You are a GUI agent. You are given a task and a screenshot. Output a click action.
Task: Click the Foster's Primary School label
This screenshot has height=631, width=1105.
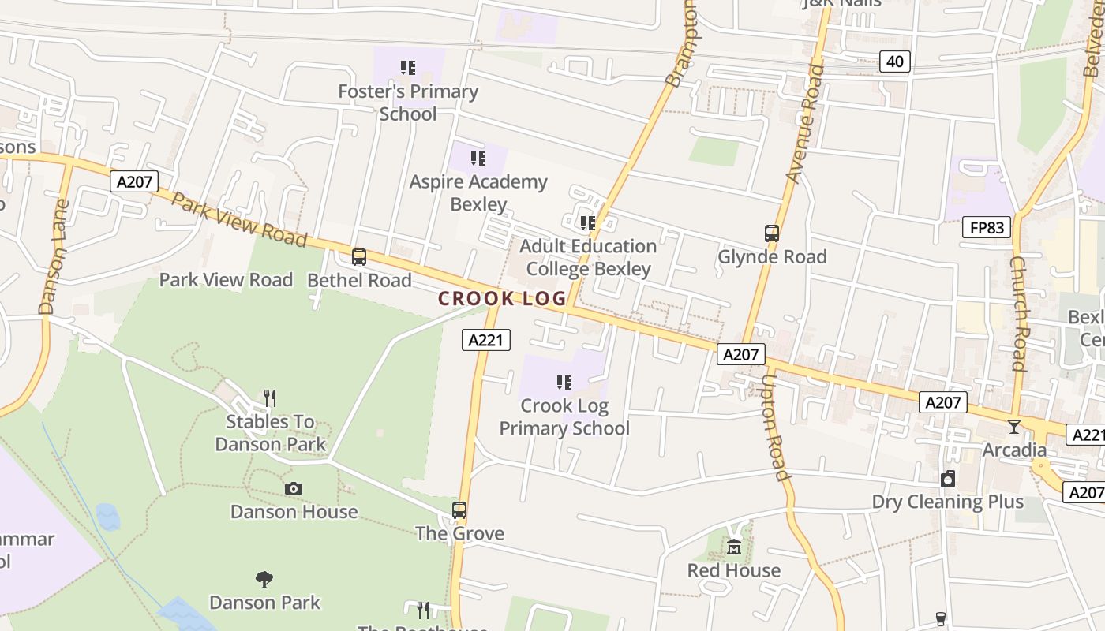[408, 103]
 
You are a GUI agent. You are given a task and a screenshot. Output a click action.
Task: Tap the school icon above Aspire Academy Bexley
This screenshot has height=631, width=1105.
[478, 159]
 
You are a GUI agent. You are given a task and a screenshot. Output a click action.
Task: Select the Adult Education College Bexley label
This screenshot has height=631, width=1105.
[588, 257]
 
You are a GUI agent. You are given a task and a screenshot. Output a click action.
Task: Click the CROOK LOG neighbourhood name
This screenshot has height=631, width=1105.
[502, 299]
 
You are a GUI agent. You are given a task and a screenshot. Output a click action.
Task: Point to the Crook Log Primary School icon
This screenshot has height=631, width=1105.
[564, 383]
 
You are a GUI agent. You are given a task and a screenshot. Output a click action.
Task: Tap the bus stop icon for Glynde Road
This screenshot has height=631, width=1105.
[772, 233]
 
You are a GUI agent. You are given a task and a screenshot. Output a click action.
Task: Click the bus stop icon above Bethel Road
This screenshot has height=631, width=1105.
[359, 256]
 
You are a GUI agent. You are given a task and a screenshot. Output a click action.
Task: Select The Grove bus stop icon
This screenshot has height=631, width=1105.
[459, 510]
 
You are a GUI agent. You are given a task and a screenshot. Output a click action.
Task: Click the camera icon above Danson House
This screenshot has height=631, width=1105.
[294, 489]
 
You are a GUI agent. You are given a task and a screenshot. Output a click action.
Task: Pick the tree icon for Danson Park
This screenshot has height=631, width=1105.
[264, 580]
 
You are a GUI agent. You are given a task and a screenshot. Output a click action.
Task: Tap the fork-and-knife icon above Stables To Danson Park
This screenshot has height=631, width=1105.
[270, 398]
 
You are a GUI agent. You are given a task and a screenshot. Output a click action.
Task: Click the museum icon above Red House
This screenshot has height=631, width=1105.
[734, 547]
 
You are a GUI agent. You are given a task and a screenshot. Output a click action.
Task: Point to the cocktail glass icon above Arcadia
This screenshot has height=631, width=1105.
[1014, 427]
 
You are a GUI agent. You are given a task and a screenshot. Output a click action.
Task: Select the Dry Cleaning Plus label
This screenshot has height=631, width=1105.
[947, 502]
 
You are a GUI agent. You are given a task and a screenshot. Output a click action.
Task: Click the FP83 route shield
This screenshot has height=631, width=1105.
[987, 228]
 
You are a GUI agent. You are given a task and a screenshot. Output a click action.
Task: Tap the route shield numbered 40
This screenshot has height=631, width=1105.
[895, 61]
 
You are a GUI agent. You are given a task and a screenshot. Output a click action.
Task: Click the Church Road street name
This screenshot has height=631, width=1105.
[1019, 313]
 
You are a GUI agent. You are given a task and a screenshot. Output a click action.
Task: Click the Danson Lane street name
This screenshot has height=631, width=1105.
[54, 256]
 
